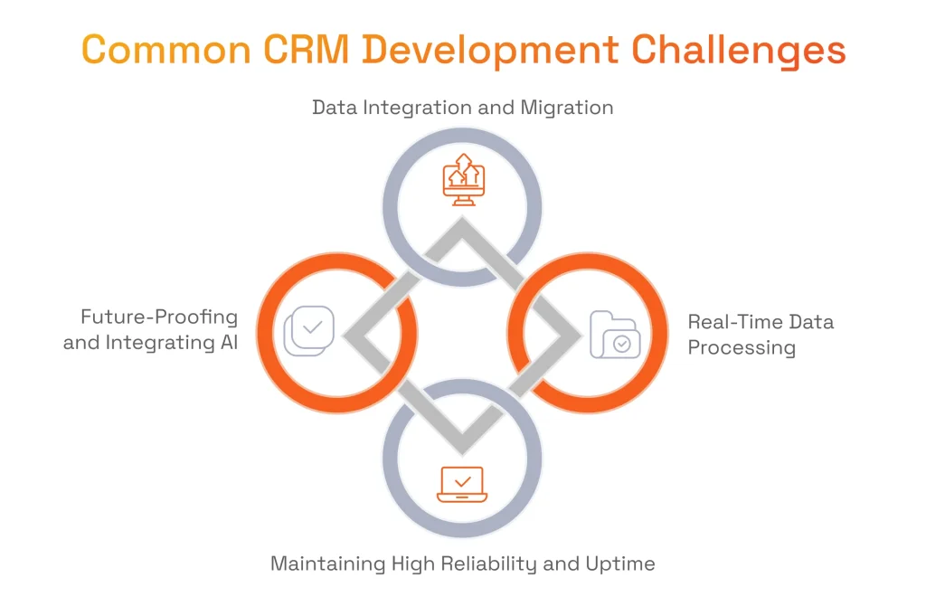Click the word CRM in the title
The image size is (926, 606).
(306, 50)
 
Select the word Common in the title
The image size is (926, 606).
(166, 50)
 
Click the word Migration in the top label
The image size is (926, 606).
(566, 108)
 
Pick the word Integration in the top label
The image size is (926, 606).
(417, 109)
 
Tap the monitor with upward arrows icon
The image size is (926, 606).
(464, 180)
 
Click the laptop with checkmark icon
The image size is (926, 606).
(462, 484)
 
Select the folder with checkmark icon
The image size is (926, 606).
(615, 335)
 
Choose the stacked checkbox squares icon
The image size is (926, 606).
(309, 331)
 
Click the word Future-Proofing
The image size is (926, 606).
(159, 317)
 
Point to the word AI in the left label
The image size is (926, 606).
(229, 343)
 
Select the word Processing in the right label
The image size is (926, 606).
(742, 348)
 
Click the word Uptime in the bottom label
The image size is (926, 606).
(620, 564)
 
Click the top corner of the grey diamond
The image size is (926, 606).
(462, 218)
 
